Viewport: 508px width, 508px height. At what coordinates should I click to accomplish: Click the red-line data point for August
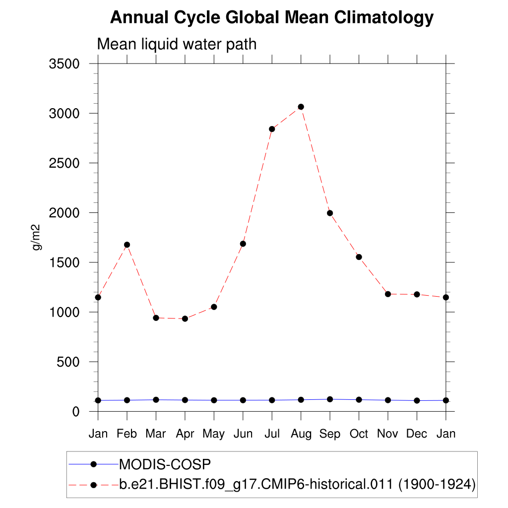pos(301,107)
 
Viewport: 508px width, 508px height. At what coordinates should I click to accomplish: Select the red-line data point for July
pos(272,129)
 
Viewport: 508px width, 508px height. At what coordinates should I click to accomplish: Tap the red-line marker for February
pos(127,245)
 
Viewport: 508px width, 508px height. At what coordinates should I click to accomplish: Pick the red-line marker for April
pos(185,318)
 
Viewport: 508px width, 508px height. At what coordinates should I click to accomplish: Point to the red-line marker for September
pos(330,213)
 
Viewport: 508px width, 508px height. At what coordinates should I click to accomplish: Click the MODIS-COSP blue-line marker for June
pos(243,400)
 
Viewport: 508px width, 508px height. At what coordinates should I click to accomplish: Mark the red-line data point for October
pos(359,257)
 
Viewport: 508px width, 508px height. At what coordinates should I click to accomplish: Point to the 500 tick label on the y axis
pos(69,362)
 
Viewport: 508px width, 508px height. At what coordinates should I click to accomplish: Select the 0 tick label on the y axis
pos(75,412)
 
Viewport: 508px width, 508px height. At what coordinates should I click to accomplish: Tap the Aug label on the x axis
pos(301,434)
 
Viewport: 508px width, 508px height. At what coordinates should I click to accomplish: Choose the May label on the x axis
pos(214,434)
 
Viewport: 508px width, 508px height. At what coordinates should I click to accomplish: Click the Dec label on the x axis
pos(417,434)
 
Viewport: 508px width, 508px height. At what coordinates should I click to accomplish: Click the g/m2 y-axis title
pos(36,237)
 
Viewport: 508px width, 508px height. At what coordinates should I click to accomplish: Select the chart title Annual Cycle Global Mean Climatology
pos(272,18)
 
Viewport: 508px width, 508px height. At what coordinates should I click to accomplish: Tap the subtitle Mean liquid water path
pos(177,44)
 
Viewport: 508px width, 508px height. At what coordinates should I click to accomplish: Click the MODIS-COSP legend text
pos(165,464)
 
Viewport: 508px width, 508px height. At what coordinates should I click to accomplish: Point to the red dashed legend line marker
pos(93,485)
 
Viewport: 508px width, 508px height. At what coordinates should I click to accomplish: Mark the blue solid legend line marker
pos(93,464)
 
